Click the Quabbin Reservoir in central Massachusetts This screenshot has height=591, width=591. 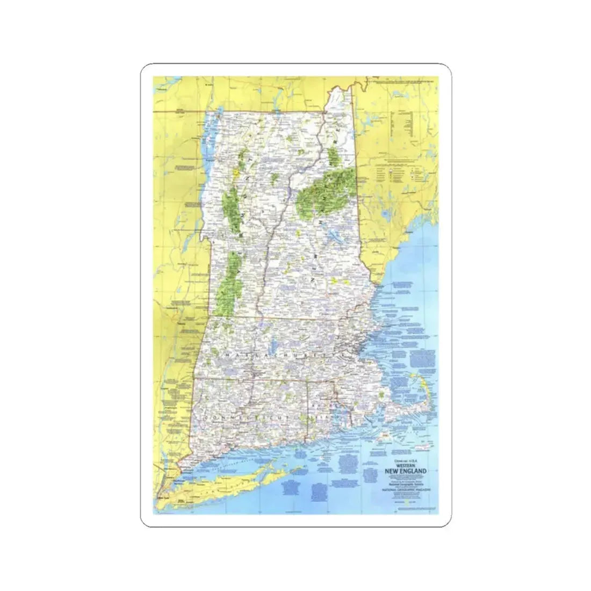[273, 344]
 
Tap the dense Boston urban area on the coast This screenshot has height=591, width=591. [350, 349]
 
